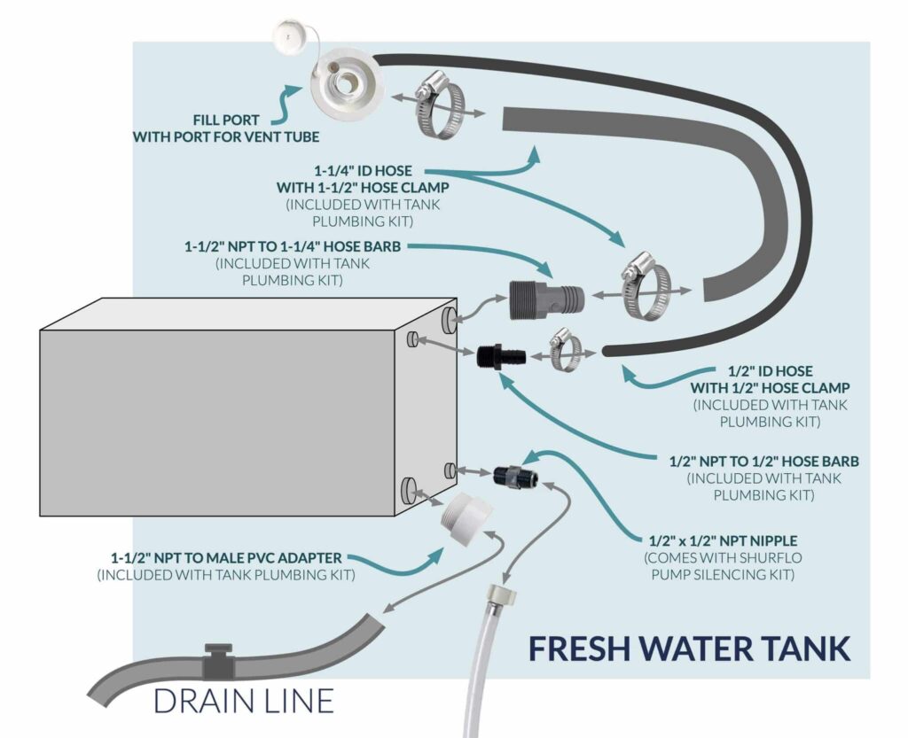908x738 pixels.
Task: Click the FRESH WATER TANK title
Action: [x=689, y=648]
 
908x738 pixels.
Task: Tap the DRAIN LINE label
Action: [x=243, y=700]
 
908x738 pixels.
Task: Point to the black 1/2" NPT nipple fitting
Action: [x=513, y=474]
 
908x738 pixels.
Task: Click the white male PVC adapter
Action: [x=469, y=516]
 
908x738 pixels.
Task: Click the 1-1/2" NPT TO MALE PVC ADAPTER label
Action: [x=226, y=559]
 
